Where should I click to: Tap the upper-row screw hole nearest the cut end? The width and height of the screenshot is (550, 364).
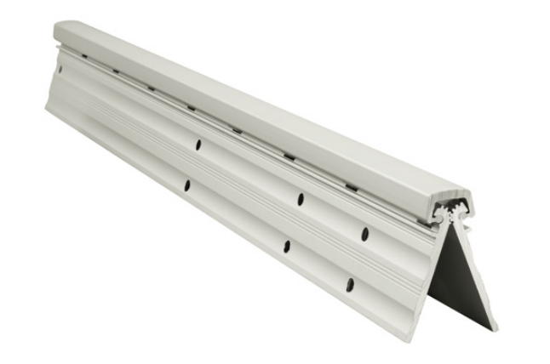point(364,233)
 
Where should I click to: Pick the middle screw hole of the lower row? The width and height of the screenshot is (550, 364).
point(286,246)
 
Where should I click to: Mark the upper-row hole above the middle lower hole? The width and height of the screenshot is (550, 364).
point(301,199)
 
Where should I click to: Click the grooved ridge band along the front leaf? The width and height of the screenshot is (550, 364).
point(255,200)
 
